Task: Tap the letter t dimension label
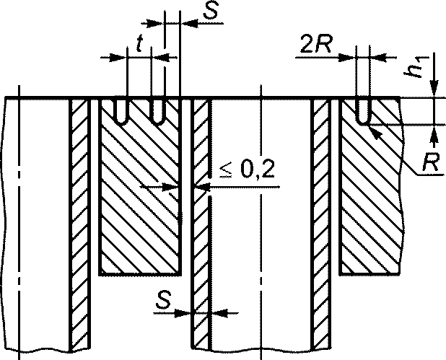coord(139,43)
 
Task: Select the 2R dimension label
coord(315,45)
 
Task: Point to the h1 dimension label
coord(415,68)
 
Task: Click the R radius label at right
coord(430,162)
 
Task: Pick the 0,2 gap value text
coord(258,170)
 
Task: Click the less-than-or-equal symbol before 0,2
coord(226,171)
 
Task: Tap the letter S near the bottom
coord(163,301)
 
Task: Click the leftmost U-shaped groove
coord(121,112)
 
